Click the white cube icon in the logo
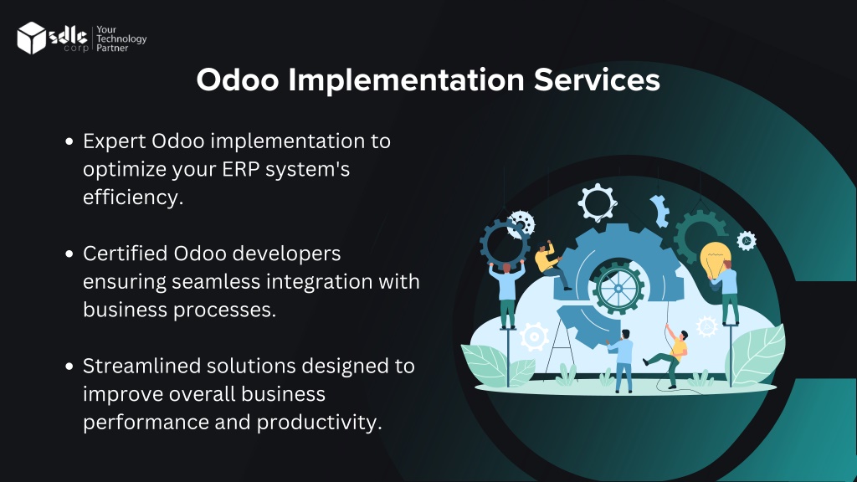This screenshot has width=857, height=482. pyautogui.click(x=31, y=38)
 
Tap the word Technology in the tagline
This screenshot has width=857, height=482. pyautogui.click(x=121, y=38)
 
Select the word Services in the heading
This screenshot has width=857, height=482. pyautogui.click(x=597, y=79)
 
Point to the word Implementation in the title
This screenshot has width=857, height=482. pyautogui.click(x=407, y=81)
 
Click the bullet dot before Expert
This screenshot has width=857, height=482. pyautogui.click(x=69, y=141)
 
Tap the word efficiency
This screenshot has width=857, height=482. pyautogui.click(x=133, y=197)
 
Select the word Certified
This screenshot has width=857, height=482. pyautogui.click(x=126, y=254)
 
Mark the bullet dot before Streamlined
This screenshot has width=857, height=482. pyautogui.click(x=69, y=367)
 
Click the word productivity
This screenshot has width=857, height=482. pyautogui.click(x=319, y=423)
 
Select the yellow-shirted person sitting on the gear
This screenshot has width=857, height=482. pyautogui.click(x=551, y=264)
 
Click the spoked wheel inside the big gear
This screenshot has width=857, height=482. pyautogui.click(x=618, y=288)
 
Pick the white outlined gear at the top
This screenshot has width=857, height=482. pyautogui.click(x=598, y=203)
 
